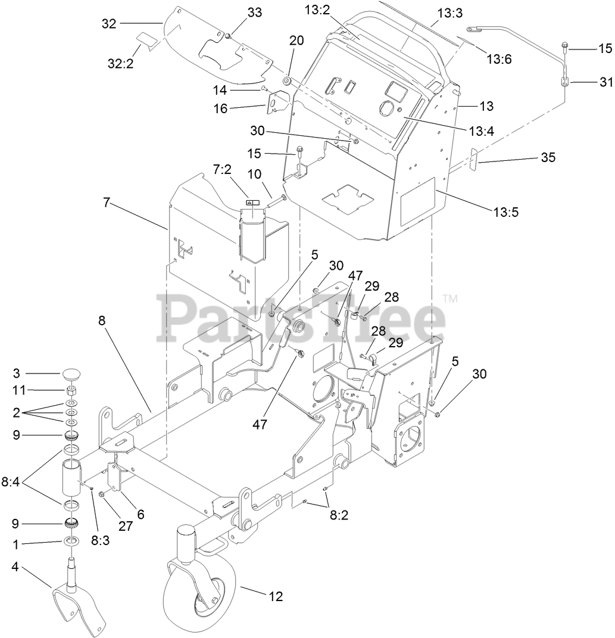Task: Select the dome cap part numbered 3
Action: coord(72,375)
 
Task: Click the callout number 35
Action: coord(548,157)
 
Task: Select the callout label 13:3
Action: coord(449,13)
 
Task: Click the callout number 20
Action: coord(296,41)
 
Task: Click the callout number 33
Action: coord(237,12)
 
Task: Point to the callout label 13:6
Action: coord(500,58)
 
